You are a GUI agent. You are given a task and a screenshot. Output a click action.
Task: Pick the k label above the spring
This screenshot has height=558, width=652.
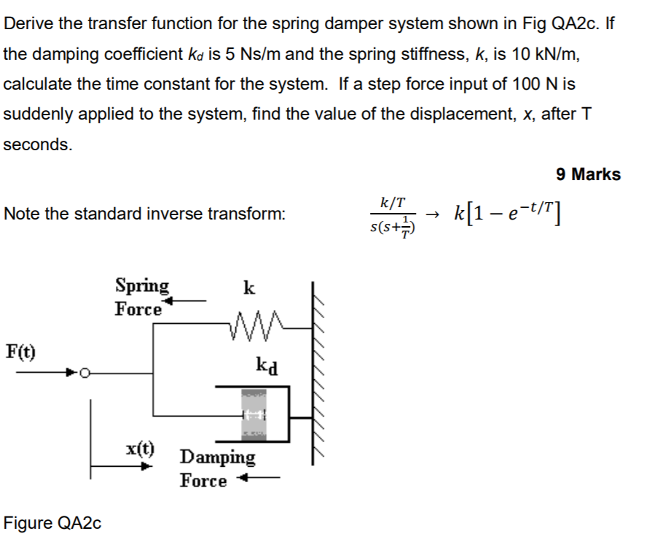[x=248, y=287]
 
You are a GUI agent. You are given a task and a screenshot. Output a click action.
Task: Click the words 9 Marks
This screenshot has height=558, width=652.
[x=588, y=174]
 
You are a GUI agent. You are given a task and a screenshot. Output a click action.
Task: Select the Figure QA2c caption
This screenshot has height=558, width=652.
[x=52, y=523]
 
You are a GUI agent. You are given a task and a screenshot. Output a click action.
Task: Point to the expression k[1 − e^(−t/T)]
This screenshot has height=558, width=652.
[x=509, y=214]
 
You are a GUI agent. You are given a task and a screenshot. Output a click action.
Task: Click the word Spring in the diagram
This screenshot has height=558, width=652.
[x=141, y=285]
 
